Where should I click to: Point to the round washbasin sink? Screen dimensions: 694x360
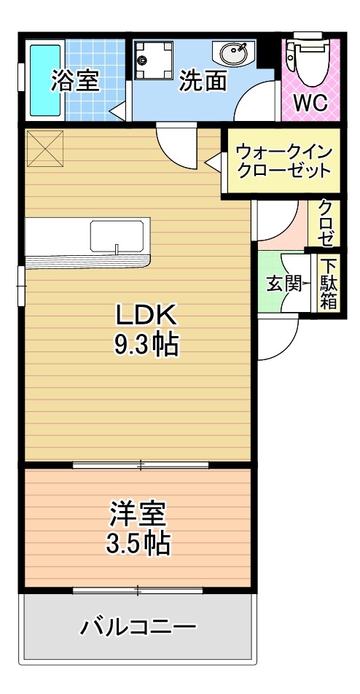(x=232, y=52)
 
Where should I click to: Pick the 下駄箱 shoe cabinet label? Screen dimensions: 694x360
(x=329, y=284)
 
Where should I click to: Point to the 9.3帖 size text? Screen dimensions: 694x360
(x=146, y=344)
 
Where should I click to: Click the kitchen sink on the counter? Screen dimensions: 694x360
(x=117, y=237)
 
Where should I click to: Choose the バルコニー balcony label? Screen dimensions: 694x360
(x=138, y=626)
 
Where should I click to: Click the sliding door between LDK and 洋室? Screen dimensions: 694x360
(x=141, y=464)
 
